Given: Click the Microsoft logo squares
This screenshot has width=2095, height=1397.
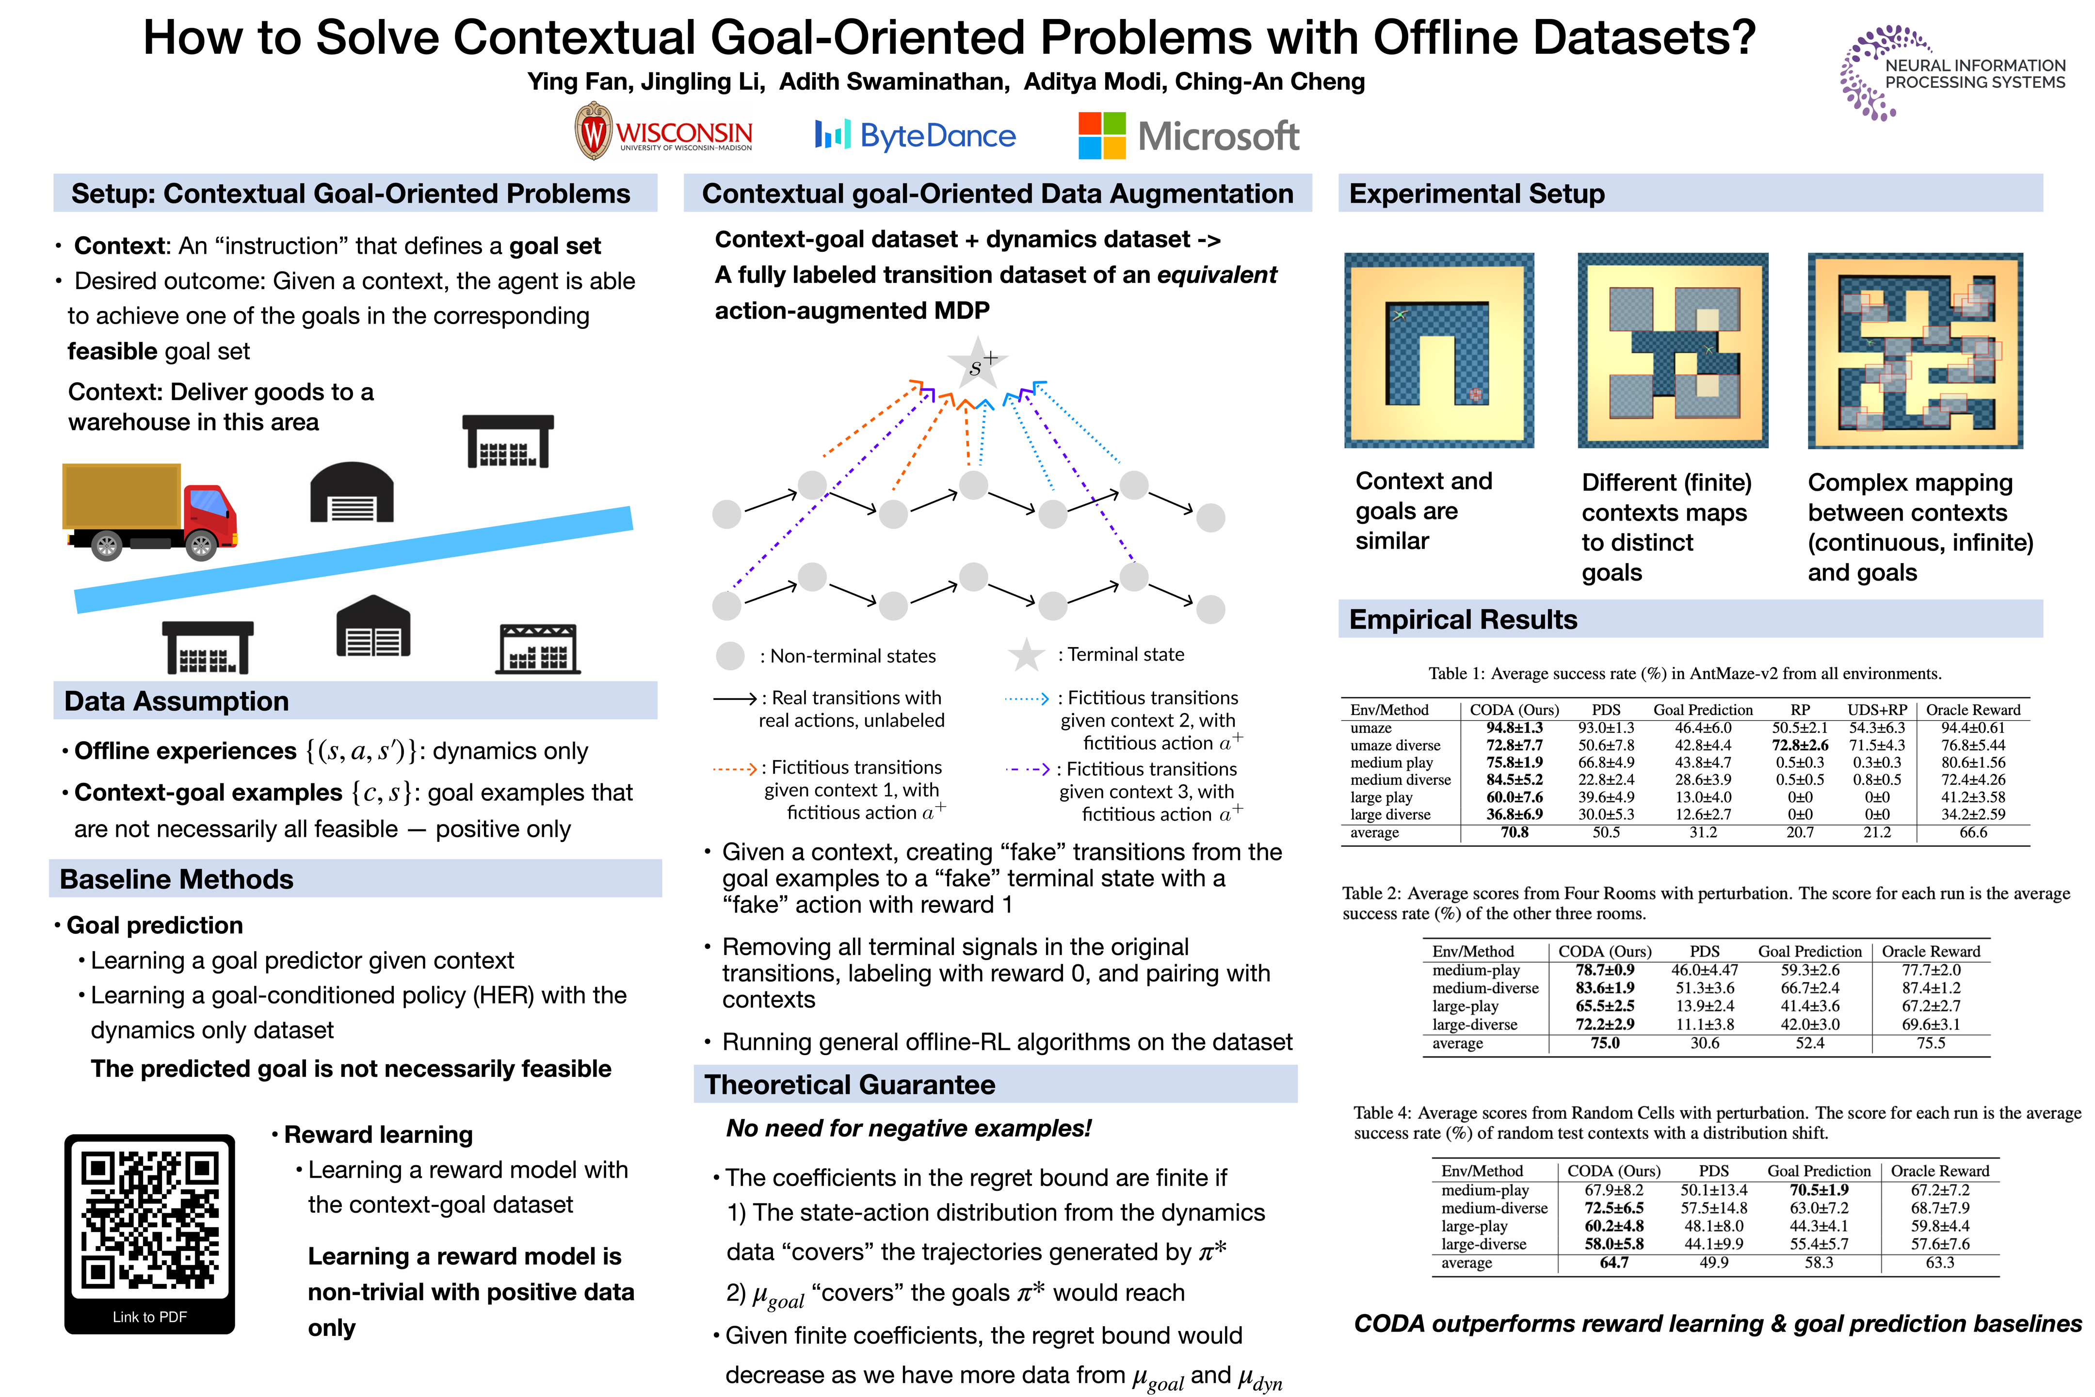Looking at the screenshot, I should point(1102,135).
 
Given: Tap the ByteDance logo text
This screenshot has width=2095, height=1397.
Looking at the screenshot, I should point(937,135).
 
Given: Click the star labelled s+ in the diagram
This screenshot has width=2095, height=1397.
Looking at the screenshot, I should point(977,363).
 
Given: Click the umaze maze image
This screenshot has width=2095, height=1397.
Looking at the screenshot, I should point(1438,350).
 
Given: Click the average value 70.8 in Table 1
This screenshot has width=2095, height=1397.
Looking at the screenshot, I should point(1514,832).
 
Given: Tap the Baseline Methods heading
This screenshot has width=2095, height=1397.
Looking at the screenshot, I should point(177,879).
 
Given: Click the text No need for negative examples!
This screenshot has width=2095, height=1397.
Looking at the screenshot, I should point(908,1128).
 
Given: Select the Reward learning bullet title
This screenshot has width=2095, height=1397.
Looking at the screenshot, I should point(378,1134).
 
